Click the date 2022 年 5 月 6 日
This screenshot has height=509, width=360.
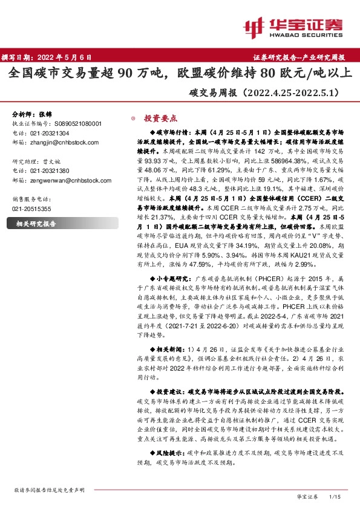pos(65,58)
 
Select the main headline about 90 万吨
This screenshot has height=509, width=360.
pos(180,75)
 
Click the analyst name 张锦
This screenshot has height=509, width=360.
pos(46,114)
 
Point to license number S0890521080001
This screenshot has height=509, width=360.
pos(75,123)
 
